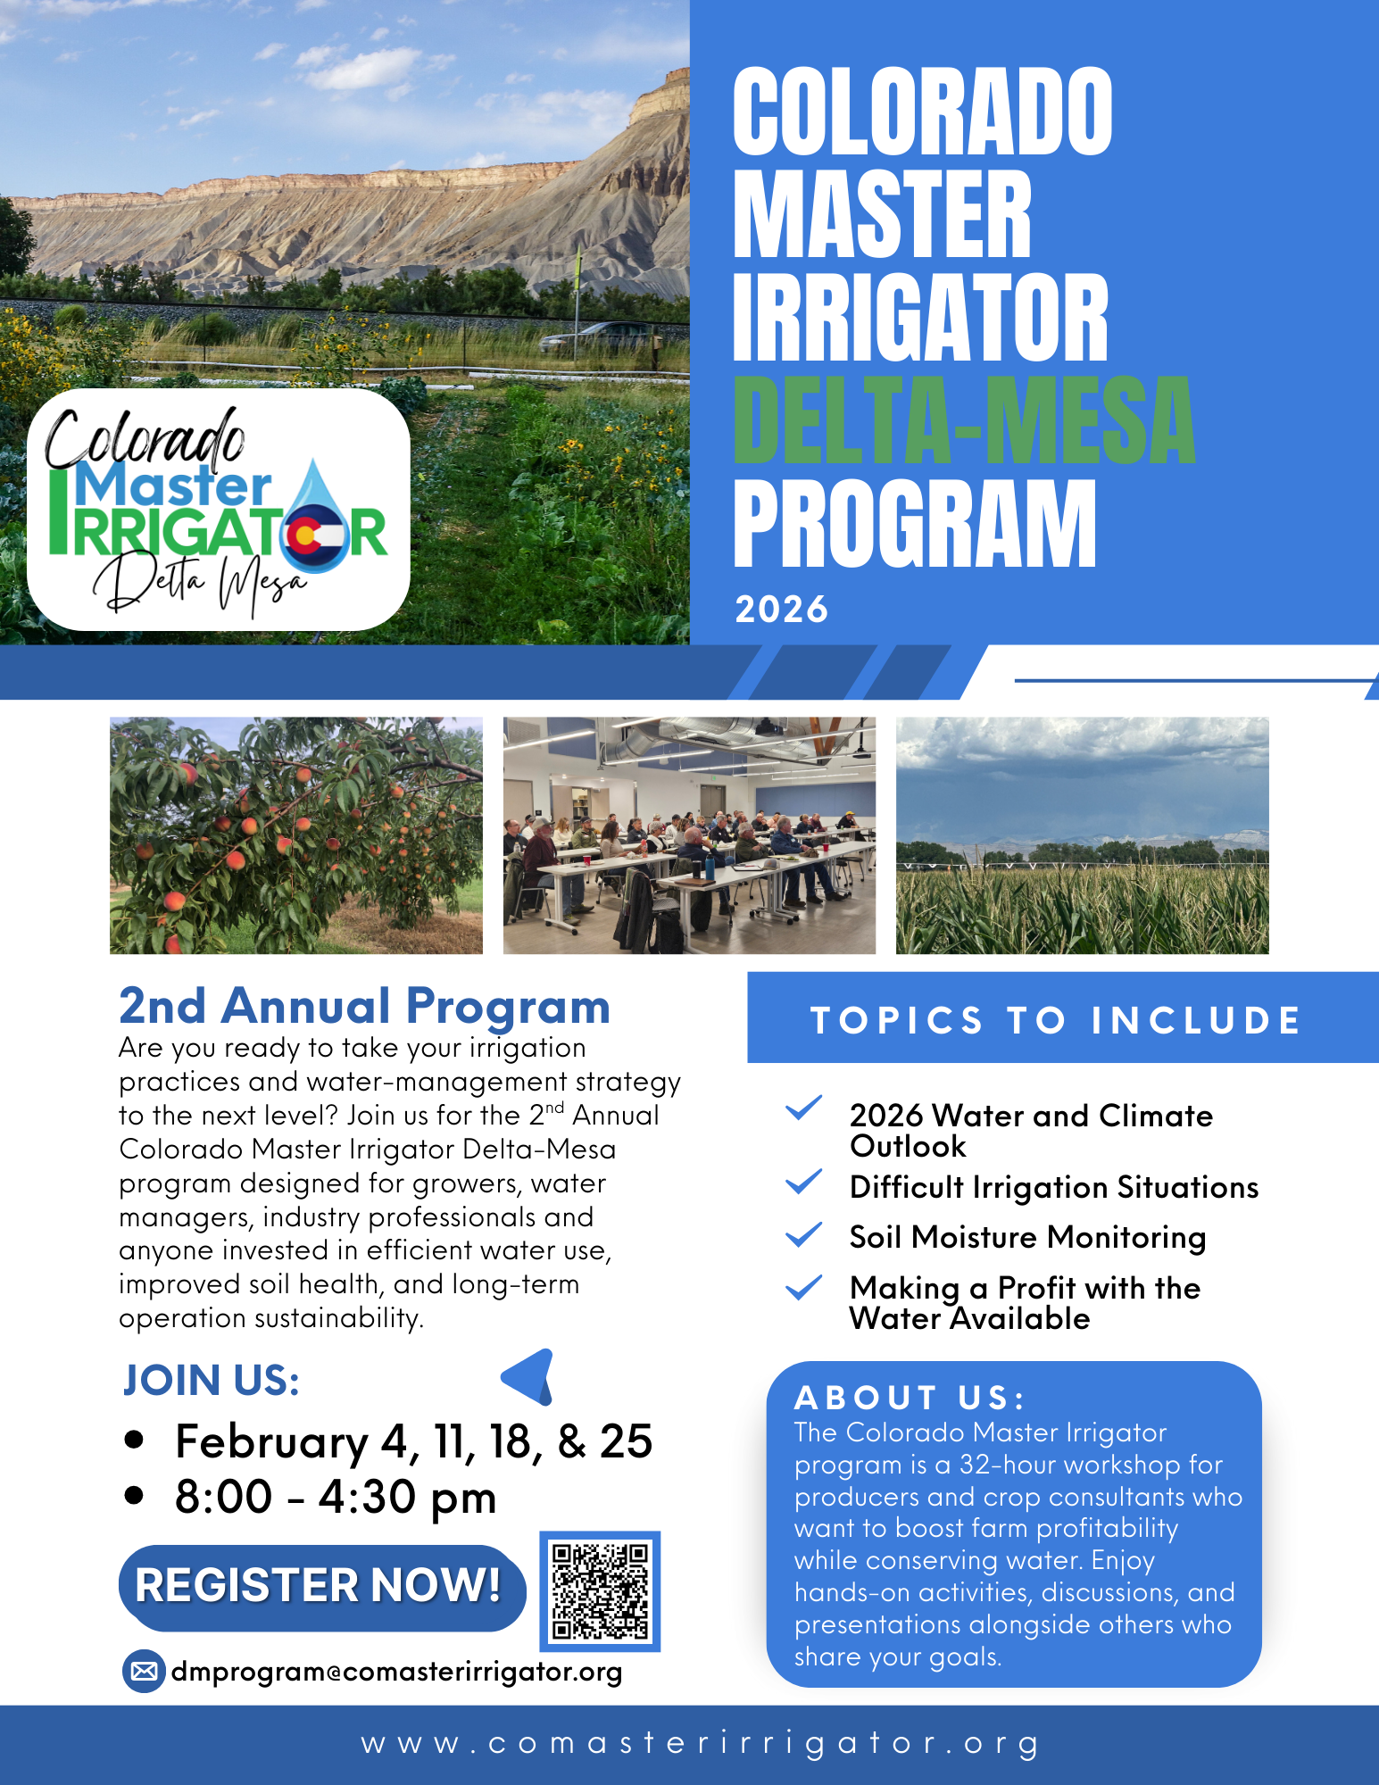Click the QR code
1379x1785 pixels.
point(600,1591)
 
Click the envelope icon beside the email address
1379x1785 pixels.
point(144,1671)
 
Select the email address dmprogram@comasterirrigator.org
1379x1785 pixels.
point(396,1672)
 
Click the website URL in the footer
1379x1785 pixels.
point(701,1743)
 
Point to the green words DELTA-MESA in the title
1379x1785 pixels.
point(963,420)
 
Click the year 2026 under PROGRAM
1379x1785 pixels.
point(781,610)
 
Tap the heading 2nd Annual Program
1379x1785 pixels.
point(364,1006)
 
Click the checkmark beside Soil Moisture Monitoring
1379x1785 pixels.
point(803,1235)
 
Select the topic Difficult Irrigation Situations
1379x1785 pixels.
point(1053,1187)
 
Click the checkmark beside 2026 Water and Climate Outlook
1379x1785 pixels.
point(803,1108)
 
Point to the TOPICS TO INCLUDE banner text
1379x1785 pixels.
point(1056,1020)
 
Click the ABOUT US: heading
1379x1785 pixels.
point(910,1398)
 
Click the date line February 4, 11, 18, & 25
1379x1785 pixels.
point(413,1441)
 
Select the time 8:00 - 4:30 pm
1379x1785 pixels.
point(336,1497)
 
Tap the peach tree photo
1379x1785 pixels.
point(295,835)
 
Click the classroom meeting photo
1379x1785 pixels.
point(689,835)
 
